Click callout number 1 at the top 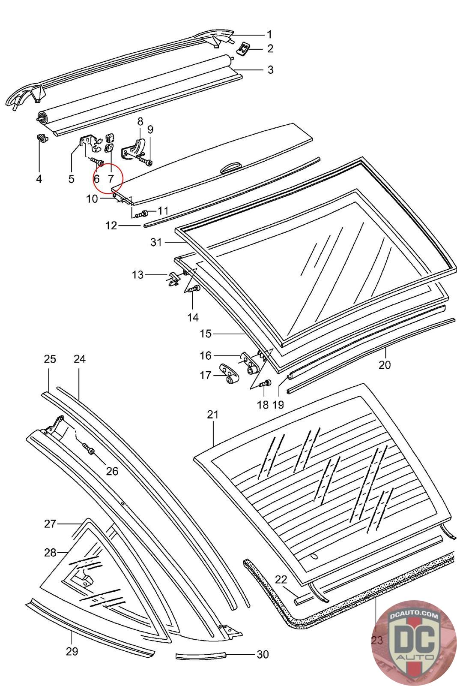[269, 35]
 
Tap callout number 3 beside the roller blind [270, 70]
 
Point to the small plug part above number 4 [42, 138]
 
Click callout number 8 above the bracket [140, 122]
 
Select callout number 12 [111, 226]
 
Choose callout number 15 [206, 334]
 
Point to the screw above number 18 [265, 383]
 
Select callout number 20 [385, 365]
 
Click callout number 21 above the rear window [213, 414]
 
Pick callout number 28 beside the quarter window [51, 553]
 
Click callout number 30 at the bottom [263, 654]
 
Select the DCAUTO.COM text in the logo [414, 616]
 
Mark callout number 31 [156, 242]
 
